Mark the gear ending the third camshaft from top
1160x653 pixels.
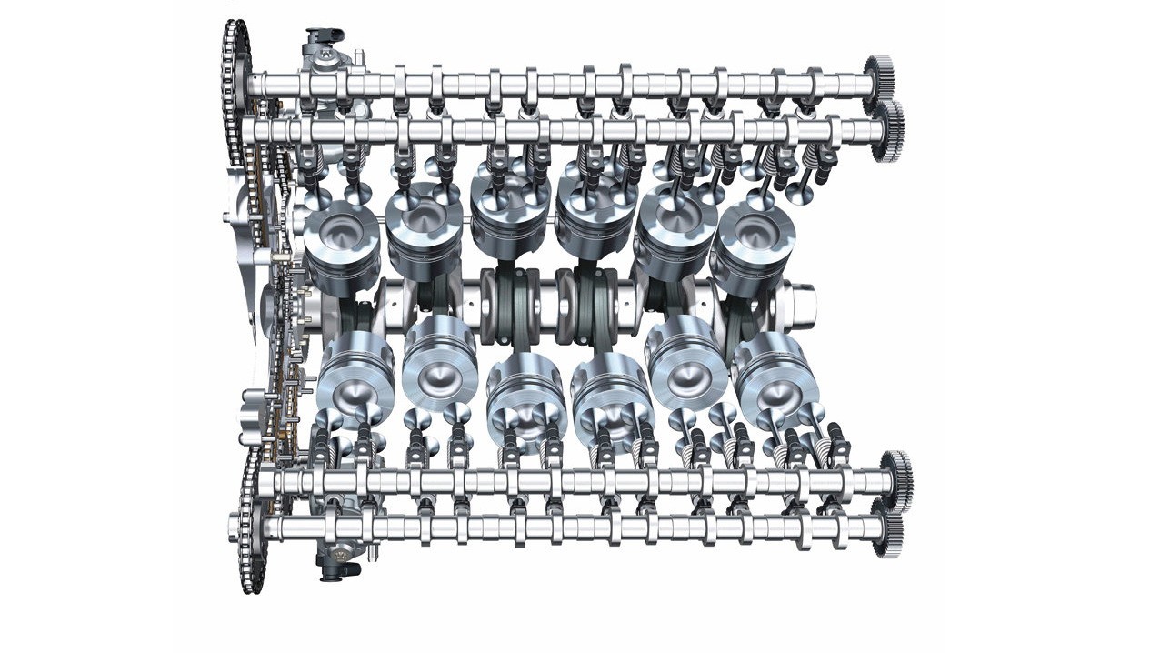[x=897, y=474]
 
